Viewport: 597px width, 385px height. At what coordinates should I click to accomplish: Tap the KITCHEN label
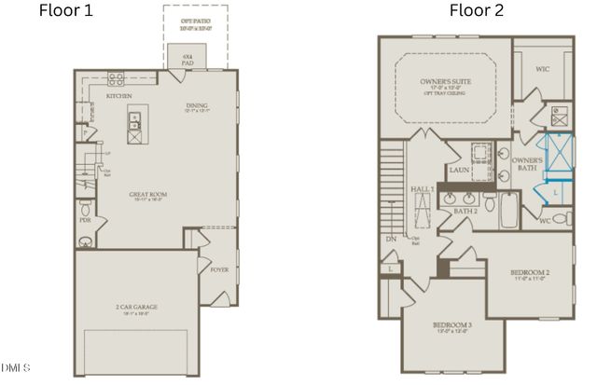click(x=118, y=96)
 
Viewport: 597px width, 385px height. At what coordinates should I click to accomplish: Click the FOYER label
click(x=219, y=269)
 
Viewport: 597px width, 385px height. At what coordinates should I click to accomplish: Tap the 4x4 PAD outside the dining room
click(x=187, y=58)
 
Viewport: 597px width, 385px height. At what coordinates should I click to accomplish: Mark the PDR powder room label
click(x=85, y=221)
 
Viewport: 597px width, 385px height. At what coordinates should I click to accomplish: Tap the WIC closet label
click(x=542, y=69)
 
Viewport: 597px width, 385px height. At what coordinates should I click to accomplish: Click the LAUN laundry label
click(x=457, y=171)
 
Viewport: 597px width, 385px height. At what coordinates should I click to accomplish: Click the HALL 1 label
click(x=423, y=189)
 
